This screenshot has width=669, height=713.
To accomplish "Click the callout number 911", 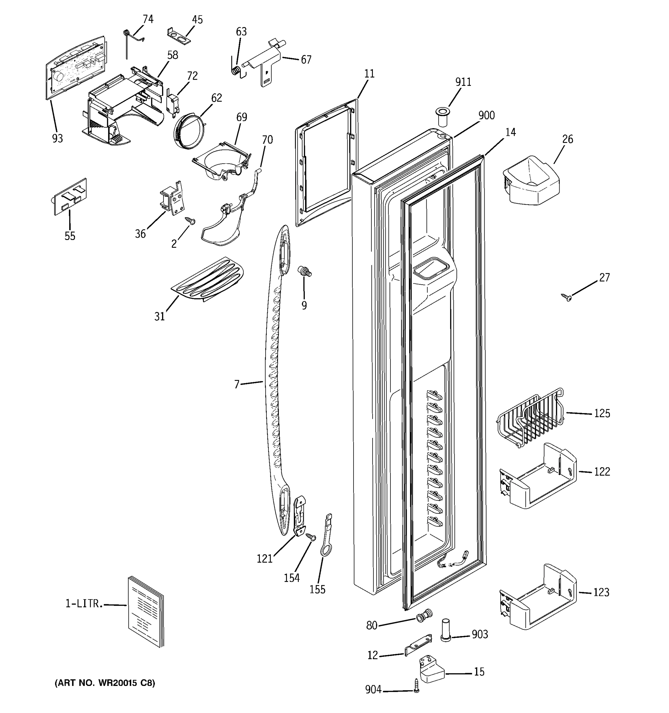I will (463, 82).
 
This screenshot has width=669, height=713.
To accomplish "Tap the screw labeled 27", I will (567, 297).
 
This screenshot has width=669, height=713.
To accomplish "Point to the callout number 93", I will (57, 138).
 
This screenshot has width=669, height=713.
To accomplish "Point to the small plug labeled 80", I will (423, 616).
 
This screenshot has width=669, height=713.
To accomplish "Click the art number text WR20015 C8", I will (104, 683).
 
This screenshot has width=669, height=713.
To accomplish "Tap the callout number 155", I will (318, 589).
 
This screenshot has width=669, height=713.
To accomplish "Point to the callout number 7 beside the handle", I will (236, 385).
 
